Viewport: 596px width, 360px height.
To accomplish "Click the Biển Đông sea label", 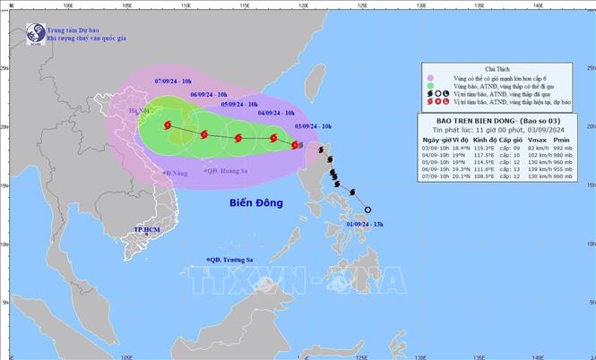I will point(256,203).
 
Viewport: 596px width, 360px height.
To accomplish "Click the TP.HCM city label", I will point(145,230).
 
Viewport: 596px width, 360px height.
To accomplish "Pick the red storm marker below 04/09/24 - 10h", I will point(273,139).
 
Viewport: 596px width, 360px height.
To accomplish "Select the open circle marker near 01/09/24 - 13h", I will point(368,210).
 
